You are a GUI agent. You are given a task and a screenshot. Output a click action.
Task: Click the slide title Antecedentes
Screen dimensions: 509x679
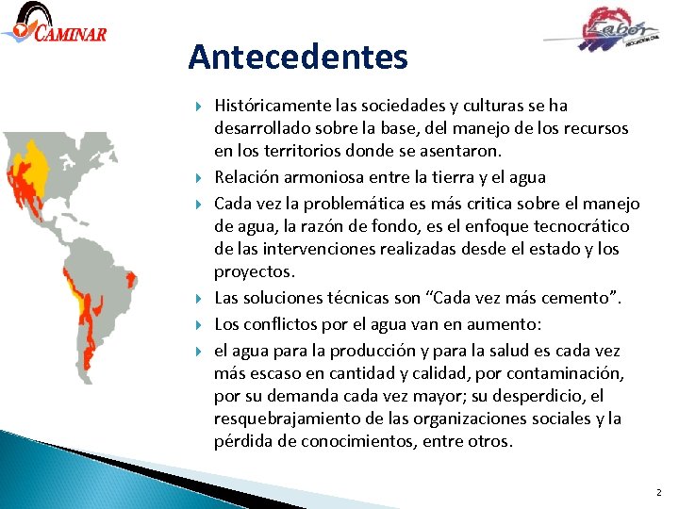(x=298, y=57)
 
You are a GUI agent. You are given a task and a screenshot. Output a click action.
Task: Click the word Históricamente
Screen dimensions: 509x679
(x=273, y=106)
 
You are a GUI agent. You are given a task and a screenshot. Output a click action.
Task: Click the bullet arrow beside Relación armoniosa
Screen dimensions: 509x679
(x=200, y=177)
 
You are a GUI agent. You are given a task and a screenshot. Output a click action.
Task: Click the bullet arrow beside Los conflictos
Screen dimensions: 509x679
(x=200, y=324)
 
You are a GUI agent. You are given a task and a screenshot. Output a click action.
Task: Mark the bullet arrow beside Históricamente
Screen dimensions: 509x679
(x=200, y=106)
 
